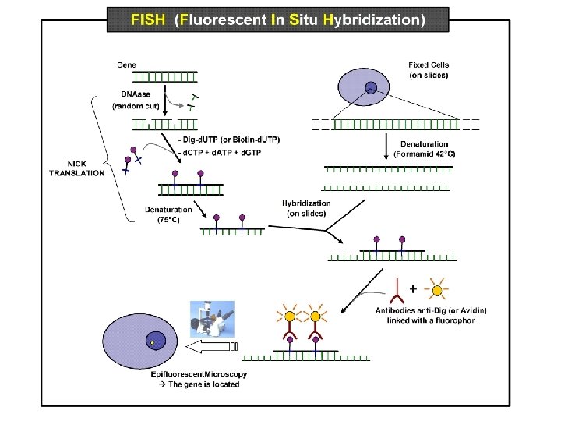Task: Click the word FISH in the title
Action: coord(148,20)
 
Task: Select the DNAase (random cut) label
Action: coord(133,99)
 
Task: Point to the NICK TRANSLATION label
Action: coord(76,168)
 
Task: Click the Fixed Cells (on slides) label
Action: coord(429,69)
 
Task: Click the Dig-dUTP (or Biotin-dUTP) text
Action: coord(231,140)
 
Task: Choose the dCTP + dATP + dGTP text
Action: coord(224,151)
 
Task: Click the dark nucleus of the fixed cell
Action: coord(372,87)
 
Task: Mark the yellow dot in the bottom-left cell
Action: coord(153,342)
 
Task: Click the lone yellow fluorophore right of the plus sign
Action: coord(438,291)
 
